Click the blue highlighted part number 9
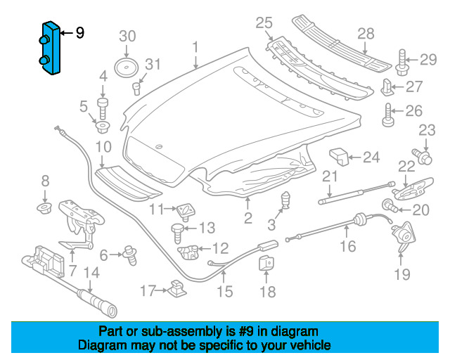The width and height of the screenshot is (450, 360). (50, 49)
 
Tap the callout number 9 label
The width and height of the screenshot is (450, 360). (80, 33)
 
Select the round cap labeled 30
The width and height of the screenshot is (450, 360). (126, 68)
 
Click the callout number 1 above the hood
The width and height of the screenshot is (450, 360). (195, 47)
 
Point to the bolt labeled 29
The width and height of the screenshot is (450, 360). (402, 63)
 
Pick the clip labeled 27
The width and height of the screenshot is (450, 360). (387, 87)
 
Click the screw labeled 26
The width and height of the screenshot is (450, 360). (388, 115)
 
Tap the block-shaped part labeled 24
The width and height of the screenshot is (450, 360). (339, 157)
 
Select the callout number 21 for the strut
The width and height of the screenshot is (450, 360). (330, 177)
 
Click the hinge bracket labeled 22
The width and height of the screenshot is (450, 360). (413, 188)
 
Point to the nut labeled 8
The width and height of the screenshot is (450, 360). (44, 208)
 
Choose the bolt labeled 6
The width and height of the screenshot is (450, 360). (130, 255)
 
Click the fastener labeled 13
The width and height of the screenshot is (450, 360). (177, 233)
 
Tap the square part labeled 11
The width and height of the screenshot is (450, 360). (185, 212)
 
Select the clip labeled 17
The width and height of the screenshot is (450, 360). (177, 289)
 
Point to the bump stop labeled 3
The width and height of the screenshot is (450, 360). (285, 200)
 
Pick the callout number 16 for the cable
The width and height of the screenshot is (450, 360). (348, 246)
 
